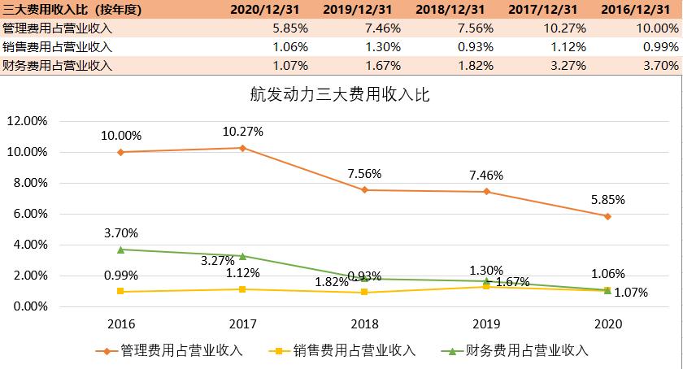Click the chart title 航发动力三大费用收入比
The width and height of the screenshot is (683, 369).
tap(340, 93)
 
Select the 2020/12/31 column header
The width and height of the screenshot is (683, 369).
tap(264, 9)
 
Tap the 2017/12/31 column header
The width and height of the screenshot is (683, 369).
tap(544, 9)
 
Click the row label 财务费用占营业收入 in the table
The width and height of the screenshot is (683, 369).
tap(57, 65)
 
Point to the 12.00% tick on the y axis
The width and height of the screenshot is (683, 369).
tap(28, 121)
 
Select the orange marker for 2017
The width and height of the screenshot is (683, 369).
tap(243, 148)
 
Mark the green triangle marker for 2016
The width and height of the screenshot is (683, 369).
tap(121, 250)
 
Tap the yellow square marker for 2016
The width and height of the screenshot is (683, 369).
tap(121, 291)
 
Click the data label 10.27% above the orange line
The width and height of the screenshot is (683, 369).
tap(243, 132)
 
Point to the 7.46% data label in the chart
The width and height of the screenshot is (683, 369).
tap(486, 175)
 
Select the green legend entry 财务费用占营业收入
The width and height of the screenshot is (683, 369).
tap(519, 351)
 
